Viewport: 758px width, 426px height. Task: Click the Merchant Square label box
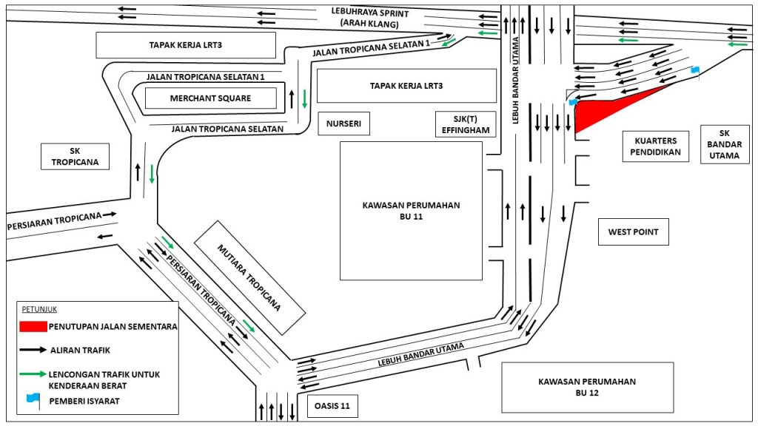click(210, 98)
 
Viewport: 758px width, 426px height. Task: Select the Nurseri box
click(343, 124)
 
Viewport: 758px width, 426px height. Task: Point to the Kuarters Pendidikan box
click(651, 146)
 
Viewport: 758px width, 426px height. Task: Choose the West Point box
click(633, 231)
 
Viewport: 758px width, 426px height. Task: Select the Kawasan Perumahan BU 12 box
click(587, 387)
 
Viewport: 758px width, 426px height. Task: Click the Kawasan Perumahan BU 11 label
click(411, 211)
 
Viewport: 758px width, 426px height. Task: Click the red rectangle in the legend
click(33, 326)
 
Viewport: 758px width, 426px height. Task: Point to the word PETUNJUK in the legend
click(38, 309)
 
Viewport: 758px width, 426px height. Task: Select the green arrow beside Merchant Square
click(304, 94)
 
